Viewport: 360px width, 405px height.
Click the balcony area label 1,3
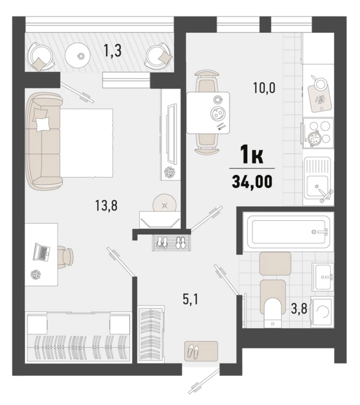(112, 51)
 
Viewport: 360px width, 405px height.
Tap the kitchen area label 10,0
(264, 88)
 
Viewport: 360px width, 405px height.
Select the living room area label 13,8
(106, 206)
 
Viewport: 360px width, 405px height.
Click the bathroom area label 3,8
(299, 309)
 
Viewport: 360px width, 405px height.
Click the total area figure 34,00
(252, 181)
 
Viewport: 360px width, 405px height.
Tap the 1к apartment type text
(251, 154)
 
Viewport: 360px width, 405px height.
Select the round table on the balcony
(77, 55)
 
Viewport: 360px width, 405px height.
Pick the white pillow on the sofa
(43, 124)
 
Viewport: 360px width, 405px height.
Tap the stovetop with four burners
(319, 134)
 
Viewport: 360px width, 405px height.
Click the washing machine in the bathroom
(322, 312)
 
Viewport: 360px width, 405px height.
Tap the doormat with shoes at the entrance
(201, 351)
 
